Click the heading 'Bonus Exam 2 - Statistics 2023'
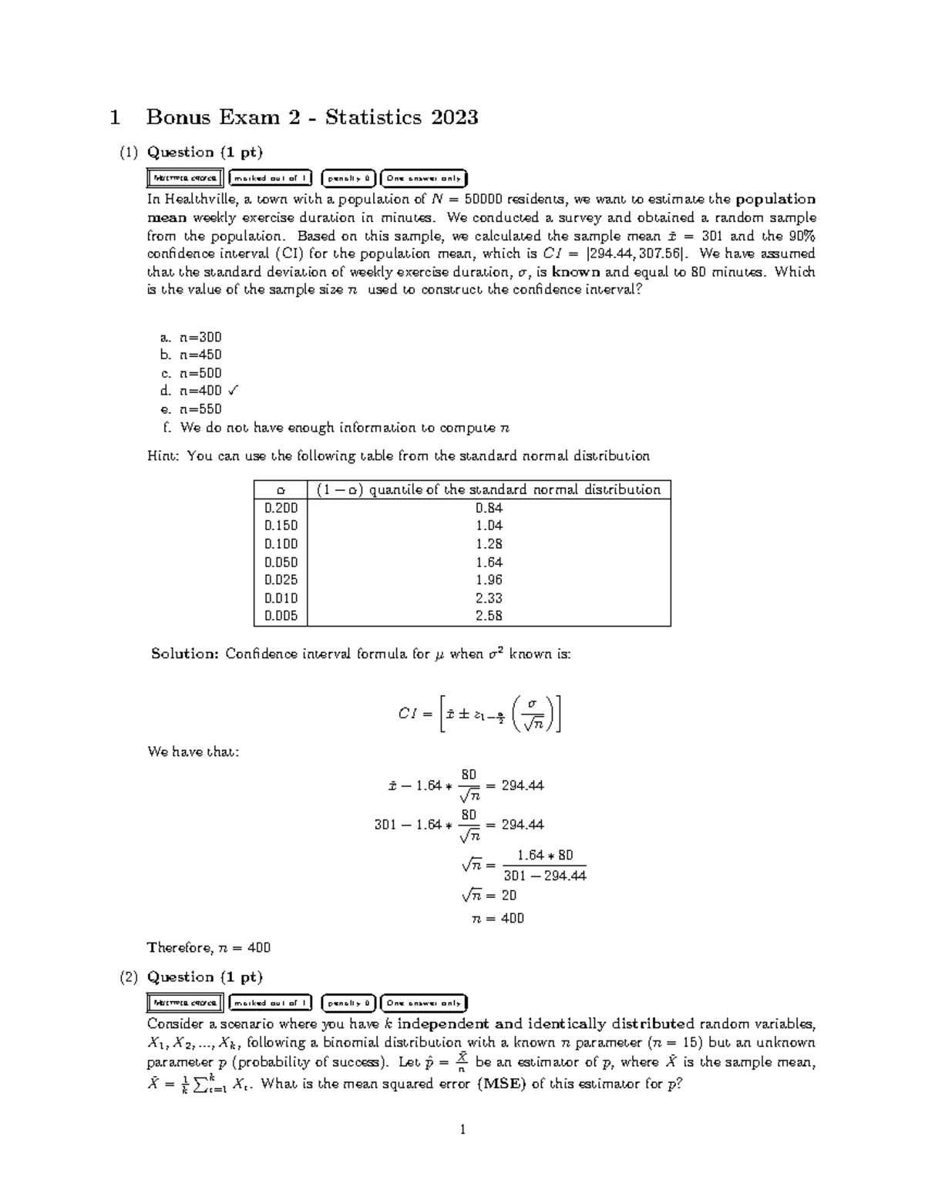(x=311, y=117)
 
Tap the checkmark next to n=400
(x=234, y=391)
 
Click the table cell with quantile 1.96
(x=489, y=580)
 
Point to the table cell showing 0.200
(x=281, y=507)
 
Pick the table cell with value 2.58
(x=489, y=617)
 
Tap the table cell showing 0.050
(x=281, y=562)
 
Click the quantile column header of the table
(x=489, y=489)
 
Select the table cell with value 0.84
(x=489, y=507)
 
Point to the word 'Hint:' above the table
(x=163, y=456)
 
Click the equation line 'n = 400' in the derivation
(x=497, y=918)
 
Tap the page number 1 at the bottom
(x=462, y=1131)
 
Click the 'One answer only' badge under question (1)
(x=424, y=178)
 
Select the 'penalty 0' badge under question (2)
(x=348, y=1003)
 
